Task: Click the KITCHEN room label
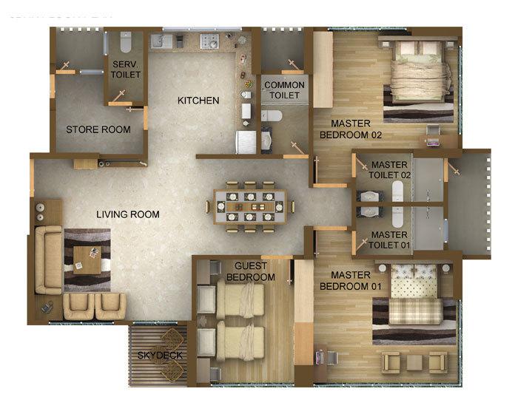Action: (198, 100)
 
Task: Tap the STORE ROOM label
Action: (98, 129)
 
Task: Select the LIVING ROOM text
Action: (127, 214)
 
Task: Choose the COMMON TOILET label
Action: (283, 90)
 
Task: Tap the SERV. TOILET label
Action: (126, 69)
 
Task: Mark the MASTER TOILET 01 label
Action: (389, 240)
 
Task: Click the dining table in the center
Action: (249, 206)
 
